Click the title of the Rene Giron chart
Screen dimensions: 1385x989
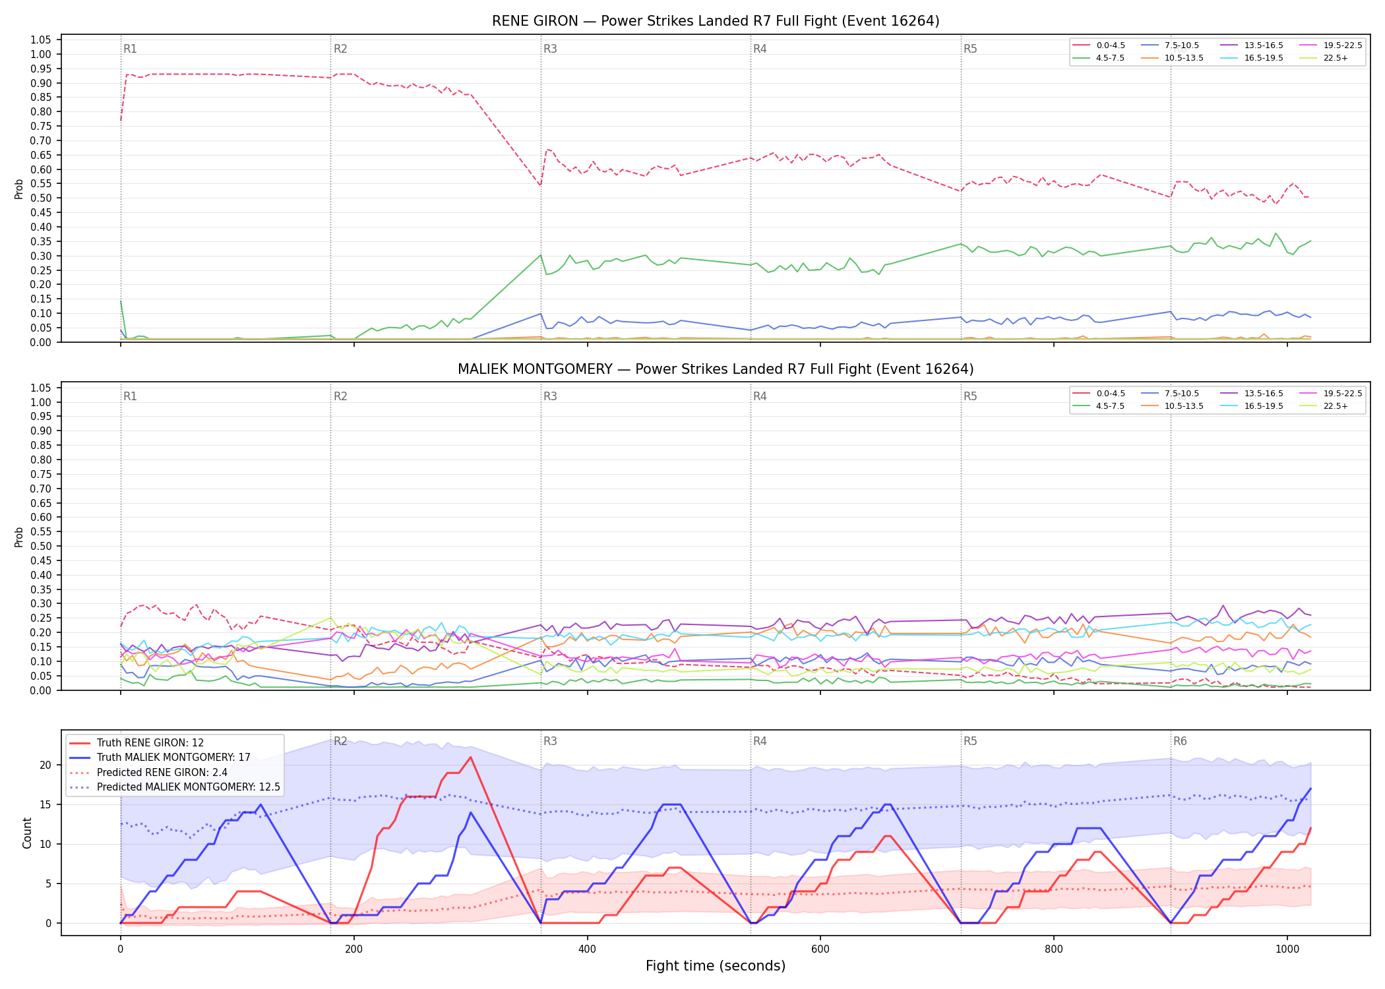click(x=716, y=21)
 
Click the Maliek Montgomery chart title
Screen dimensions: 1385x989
click(x=716, y=369)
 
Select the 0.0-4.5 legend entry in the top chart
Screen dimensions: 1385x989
click(x=1099, y=45)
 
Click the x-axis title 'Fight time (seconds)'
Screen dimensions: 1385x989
click(x=716, y=966)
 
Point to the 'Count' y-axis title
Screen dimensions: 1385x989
click(x=27, y=833)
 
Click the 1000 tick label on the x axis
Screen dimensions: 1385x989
click(x=1287, y=949)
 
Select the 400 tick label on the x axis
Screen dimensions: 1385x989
click(x=587, y=949)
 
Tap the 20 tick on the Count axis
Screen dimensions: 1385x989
click(x=46, y=765)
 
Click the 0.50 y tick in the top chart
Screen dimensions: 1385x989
click(x=41, y=198)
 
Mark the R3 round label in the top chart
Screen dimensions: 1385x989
click(x=550, y=49)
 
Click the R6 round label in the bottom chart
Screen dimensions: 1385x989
click(x=1180, y=741)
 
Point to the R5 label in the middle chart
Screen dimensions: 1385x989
click(x=970, y=396)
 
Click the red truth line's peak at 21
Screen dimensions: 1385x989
click(x=470, y=757)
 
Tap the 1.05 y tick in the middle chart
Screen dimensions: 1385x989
click(x=41, y=388)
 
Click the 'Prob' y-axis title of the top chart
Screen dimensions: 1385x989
click(x=19, y=189)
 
